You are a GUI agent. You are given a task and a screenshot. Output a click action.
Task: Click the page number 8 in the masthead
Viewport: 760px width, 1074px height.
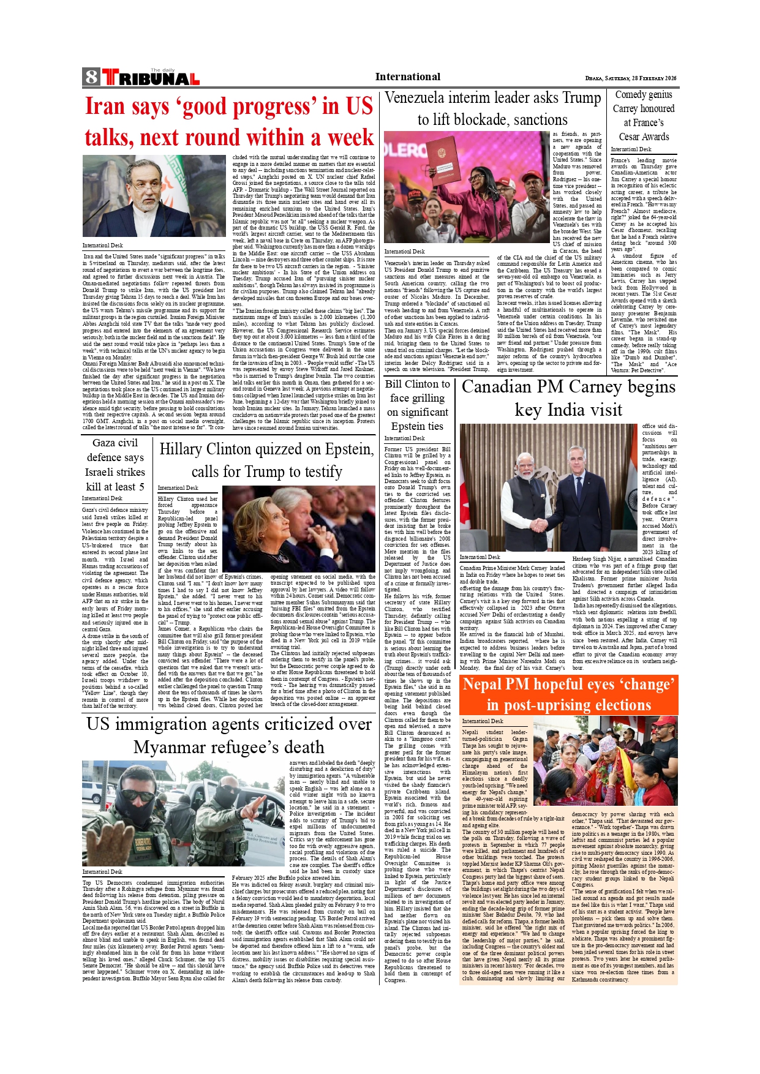tap(91, 77)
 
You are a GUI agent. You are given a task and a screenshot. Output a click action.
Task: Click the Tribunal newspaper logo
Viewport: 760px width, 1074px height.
tap(151, 78)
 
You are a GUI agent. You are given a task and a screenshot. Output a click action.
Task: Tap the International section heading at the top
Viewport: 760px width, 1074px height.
tap(407, 77)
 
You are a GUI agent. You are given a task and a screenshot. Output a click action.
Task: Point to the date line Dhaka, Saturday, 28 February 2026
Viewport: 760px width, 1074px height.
tap(630, 78)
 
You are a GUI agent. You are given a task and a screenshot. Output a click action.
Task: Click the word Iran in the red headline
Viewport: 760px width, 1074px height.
tap(105, 107)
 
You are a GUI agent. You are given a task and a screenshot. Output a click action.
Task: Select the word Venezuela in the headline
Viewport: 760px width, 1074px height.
tap(415, 98)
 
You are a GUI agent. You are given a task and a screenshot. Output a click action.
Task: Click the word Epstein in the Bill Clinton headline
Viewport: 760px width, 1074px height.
tap(408, 426)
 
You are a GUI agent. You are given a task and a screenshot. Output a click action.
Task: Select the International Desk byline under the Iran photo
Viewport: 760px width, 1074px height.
tap(102, 246)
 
